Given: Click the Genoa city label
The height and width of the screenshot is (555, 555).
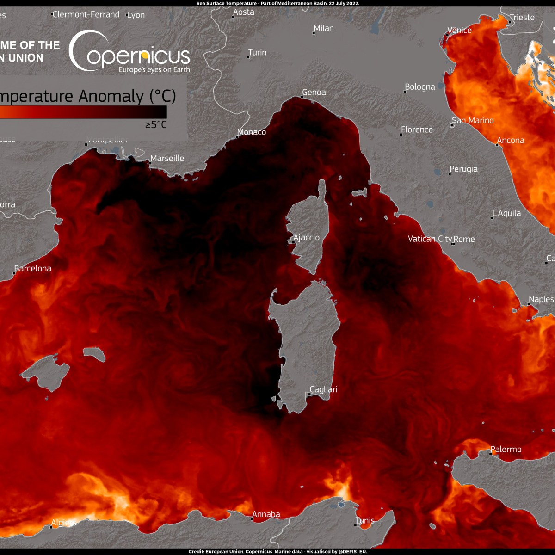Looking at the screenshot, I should (x=314, y=92).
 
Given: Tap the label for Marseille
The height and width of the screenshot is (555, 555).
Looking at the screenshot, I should (x=167, y=159).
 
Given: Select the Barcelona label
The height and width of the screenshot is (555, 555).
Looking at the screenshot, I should (x=33, y=268).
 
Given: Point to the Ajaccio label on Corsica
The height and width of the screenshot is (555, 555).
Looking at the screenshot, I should (x=307, y=238).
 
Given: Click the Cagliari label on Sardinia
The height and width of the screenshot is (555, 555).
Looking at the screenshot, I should (x=323, y=389).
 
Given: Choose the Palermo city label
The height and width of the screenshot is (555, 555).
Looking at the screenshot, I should (x=506, y=450).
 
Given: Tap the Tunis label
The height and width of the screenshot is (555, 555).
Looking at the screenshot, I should (x=365, y=521).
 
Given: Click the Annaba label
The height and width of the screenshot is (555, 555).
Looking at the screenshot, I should (x=266, y=514).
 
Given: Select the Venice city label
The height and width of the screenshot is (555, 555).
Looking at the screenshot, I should (x=459, y=31).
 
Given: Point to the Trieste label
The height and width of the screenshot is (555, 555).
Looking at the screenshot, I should (x=522, y=18).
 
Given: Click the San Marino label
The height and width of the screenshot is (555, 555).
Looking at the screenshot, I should (x=473, y=121).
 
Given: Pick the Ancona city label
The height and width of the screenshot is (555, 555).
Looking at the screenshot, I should (x=511, y=141).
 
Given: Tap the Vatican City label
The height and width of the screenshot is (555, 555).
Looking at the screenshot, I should (x=430, y=239).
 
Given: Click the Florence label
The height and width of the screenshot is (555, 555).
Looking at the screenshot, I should (x=417, y=130).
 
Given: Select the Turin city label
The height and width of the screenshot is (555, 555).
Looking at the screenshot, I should (x=257, y=53).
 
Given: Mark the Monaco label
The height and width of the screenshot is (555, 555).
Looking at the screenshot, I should (x=252, y=132).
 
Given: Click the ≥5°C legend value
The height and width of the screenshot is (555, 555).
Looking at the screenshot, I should (x=156, y=124).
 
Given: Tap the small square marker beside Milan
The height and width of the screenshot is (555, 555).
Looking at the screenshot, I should (x=314, y=33).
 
